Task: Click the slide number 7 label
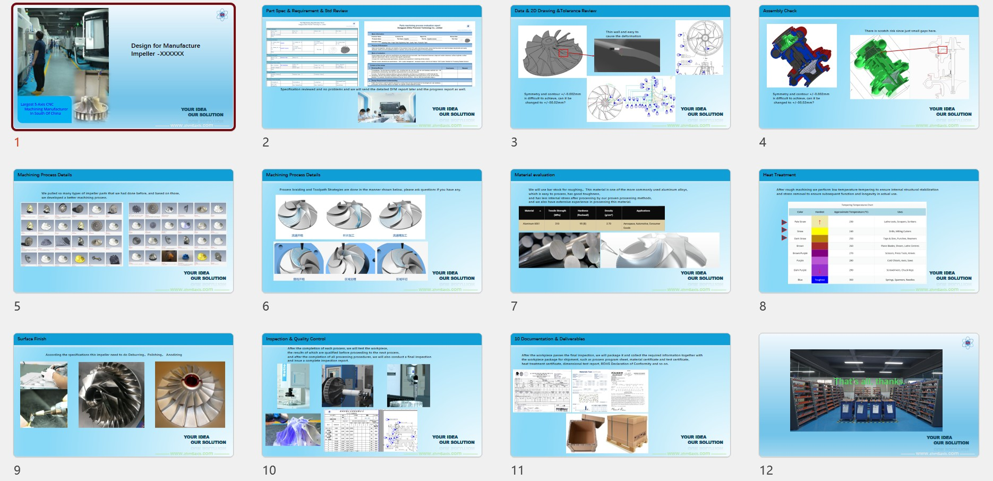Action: tap(514, 306)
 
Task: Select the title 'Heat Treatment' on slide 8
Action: tap(779, 175)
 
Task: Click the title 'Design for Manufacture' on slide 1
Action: tap(166, 46)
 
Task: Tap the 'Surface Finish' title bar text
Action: tap(32, 339)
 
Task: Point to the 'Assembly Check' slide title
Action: tap(780, 11)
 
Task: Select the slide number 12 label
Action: tap(766, 470)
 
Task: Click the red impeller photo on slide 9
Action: tap(190, 394)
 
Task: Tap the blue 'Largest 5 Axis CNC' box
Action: tap(45, 109)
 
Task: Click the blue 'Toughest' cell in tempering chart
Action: tap(819, 279)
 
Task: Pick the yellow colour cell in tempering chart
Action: tap(819, 231)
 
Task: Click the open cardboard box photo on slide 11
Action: tap(585, 434)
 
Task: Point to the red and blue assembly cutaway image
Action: tap(801, 56)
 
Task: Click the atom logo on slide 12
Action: tap(968, 343)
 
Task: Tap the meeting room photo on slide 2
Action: tap(387, 108)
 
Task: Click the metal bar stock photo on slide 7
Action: tap(559, 250)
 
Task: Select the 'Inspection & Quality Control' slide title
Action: tap(295, 339)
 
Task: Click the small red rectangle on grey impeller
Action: tap(563, 53)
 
